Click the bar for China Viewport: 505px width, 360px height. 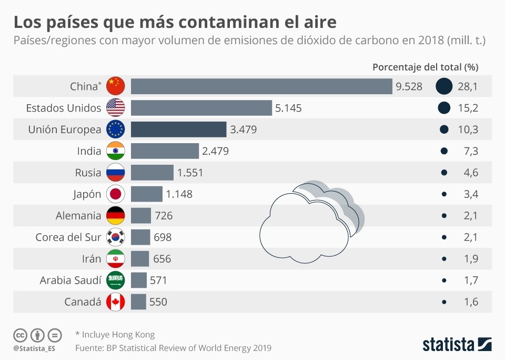pos(261,86)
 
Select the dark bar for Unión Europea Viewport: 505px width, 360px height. pos(178,129)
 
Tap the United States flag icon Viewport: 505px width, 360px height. pos(115,108)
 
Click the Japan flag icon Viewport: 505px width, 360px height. pos(115,194)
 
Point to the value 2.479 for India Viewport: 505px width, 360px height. pos(215,151)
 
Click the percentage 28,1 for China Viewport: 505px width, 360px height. pos(468,86)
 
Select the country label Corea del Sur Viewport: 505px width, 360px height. pos(68,237)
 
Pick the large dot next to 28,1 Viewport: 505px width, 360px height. pos(444,86)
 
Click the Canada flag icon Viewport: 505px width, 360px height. pos(115,302)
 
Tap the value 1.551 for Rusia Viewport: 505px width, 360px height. pos(190,173)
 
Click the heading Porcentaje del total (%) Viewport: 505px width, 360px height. pos(425,67)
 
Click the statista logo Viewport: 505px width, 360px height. pos(457,345)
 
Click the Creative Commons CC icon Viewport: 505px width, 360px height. pos(20,335)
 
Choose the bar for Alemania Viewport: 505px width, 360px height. pos(141,216)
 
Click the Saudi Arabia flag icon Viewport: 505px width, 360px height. pos(115,281)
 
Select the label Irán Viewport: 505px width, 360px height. pos(88,259)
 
